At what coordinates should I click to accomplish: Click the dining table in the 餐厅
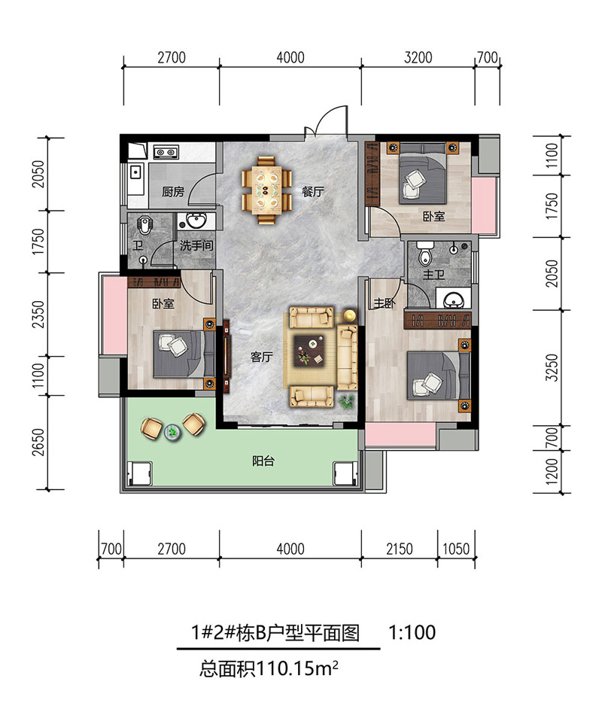pyautogui.click(x=267, y=190)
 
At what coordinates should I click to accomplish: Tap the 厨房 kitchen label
pyautogui.click(x=173, y=191)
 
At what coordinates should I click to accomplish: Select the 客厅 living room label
pyautogui.click(x=261, y=357)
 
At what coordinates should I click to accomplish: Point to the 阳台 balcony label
pyautogui.click(x=263, y=461)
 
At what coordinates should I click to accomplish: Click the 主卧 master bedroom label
pyautogui.click(x=385, y=303)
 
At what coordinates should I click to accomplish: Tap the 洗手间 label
pyautogui.click(x=196, y=245)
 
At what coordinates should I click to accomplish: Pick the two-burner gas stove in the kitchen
pyautogui.click(x=166, y=151)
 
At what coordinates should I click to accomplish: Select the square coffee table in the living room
pyautogui.click(x=310, y=350)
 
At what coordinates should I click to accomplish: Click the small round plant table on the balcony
pyautogui.click(x=172, y=431)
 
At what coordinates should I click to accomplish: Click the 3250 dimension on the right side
pyautogui.click(x=552, y=367)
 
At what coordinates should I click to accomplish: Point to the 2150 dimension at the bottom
pyautogui.click(x=399, y=549)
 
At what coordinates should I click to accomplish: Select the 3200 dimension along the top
pyautogui.click(x=418, y=57)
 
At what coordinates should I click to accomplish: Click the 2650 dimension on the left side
pyautogui.click(x=38, y=442)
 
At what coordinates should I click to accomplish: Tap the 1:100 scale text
pyautogui.click(x=412, y=632)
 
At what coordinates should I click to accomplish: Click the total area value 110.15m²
pyautogui.click(x=297, y=669)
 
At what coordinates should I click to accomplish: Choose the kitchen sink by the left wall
pyautogui.click(x=136, y=172)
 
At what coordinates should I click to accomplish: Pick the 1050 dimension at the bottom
pyautogui.click(x=456, y=549)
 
